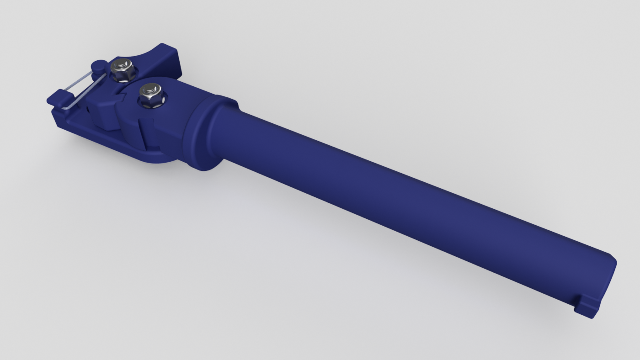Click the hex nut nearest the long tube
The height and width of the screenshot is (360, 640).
click(x=151, y=95)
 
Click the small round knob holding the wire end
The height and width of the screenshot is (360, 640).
click(x=98, y=66)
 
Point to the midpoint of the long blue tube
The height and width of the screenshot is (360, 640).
click(x=411, y=201)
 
